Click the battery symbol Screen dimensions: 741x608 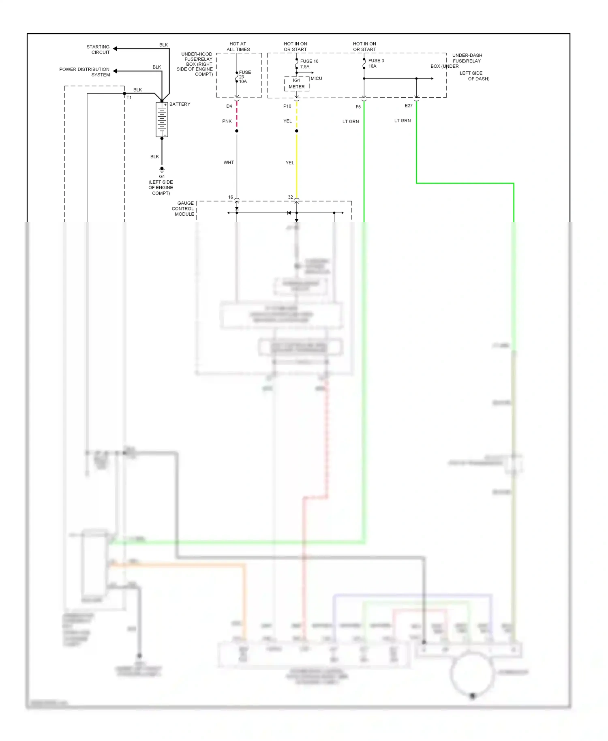162,120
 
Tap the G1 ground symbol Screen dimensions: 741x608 162,169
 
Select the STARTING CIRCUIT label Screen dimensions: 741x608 98,49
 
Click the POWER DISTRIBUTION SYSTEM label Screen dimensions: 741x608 85,72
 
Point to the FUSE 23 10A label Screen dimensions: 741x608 244,77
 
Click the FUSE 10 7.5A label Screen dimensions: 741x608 309,64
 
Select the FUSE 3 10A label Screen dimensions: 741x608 376,63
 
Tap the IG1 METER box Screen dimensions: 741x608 297,84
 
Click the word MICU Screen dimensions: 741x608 316,78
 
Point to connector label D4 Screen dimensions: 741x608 229,106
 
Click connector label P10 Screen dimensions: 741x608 287,106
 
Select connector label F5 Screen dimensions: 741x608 358,107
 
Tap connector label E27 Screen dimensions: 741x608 408,106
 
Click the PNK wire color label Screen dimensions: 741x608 227,121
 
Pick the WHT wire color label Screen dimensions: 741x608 229,163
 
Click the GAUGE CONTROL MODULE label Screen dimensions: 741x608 183,209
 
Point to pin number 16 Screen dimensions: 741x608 230,197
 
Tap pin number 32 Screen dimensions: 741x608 290,197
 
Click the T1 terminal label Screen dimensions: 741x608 129,98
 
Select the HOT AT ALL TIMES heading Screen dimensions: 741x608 238,47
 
